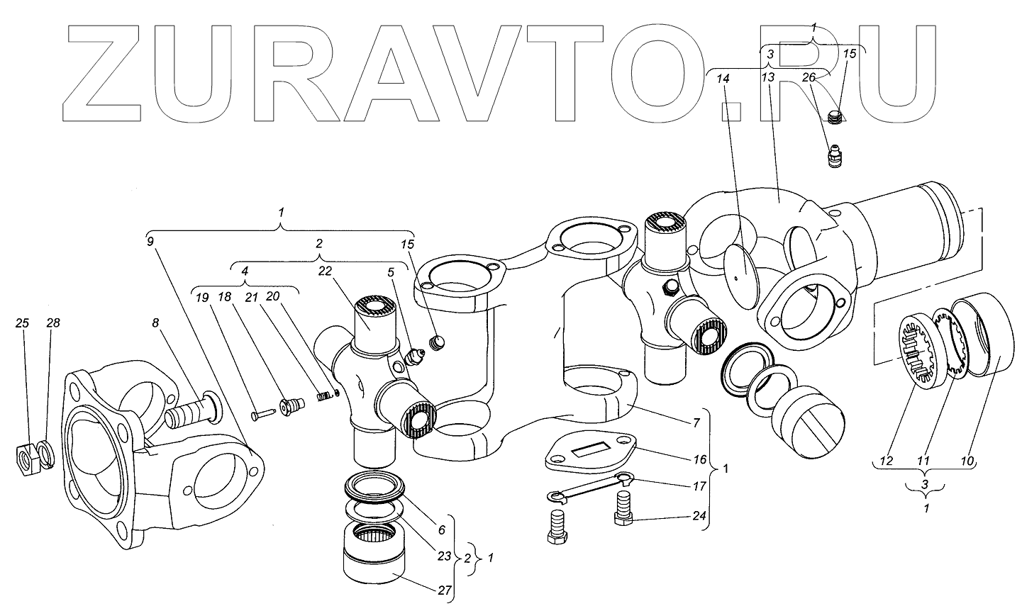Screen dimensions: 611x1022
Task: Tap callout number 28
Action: [53, 323]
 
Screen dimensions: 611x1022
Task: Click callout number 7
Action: [697, 423]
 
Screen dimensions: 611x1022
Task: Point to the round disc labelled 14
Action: [741, 276]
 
